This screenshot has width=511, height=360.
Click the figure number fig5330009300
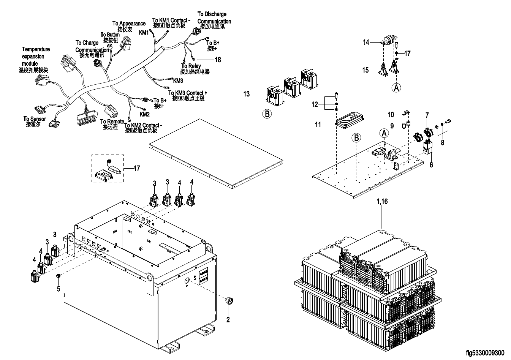(485, 353)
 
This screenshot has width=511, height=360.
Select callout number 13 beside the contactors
(247, 93)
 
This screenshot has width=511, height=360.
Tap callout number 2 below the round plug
(228, 320)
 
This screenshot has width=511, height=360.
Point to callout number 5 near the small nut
(58, 289)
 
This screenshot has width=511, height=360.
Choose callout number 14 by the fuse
(366, 42)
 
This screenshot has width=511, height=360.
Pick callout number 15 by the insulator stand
(365, 70)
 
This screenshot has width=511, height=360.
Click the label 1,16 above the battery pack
(382, 202)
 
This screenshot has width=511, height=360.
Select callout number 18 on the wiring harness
(218, 60)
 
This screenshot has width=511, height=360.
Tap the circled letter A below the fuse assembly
(396, 87)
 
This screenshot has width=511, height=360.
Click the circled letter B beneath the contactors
(267, 113)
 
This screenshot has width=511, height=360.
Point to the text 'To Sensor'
(35, 119)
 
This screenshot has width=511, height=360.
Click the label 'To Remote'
(112, 122)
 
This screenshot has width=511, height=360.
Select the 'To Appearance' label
(129, 24)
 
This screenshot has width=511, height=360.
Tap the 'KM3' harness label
(178, 81)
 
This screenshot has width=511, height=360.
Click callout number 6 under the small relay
(431, 165)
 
